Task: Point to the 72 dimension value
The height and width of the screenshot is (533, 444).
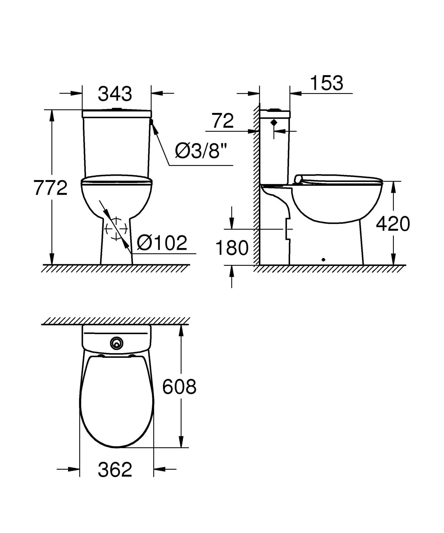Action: point(223,121)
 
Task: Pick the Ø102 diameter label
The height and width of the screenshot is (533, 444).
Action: point(162,243)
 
